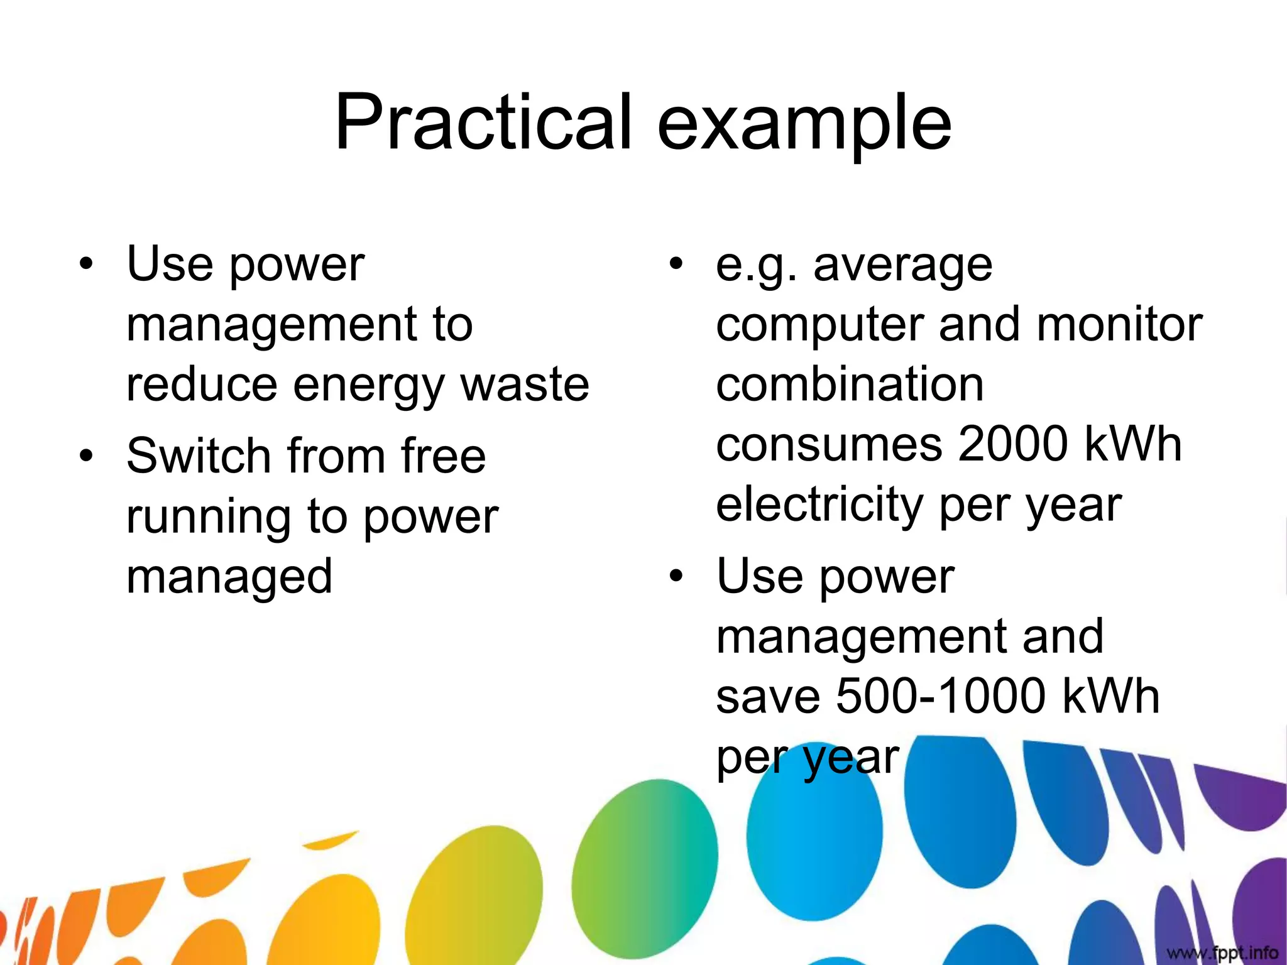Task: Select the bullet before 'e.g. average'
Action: (676, 263)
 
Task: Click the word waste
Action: (525, 384)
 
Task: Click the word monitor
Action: (1119, 324)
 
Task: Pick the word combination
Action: (850, 384)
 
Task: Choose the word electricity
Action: (819, 504)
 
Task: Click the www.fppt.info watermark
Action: (1222, 953)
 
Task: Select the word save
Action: (768, 696)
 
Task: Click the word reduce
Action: (201, 384)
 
